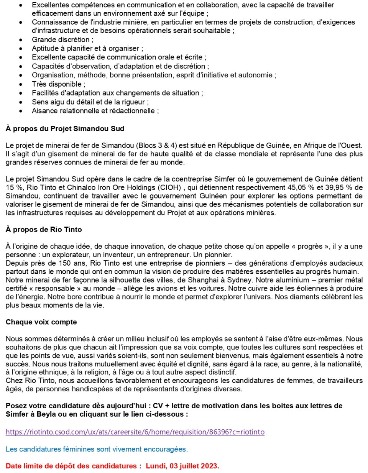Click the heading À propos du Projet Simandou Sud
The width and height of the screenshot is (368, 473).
tap(65, 129)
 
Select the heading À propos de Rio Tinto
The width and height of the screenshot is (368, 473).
tap(44, 230)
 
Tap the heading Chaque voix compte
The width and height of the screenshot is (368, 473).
tap(41, 322)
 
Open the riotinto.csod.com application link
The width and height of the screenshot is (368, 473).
tap(135, 432)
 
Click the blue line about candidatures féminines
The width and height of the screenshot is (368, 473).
tap(97, 449)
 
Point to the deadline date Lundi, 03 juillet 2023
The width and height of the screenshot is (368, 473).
tap(182, 466)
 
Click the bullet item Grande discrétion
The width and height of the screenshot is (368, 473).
tap(61, 39)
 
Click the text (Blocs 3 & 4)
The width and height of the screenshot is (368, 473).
tap(156, 145)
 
